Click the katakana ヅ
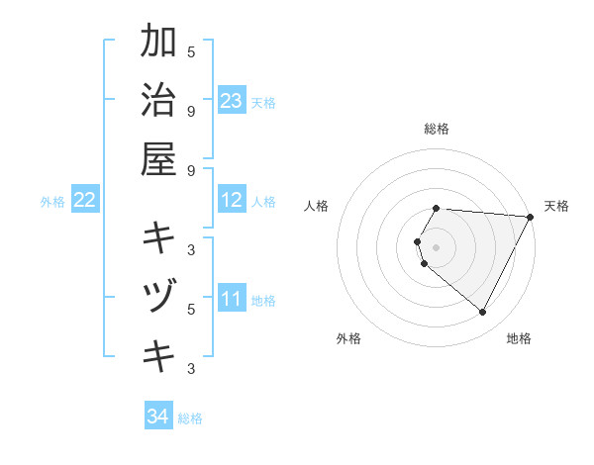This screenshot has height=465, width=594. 158,297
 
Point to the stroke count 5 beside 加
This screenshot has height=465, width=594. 191,51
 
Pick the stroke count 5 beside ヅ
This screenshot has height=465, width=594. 191,309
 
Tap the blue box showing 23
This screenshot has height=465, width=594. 232,101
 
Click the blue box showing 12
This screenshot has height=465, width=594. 232,201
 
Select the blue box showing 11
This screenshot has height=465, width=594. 232,299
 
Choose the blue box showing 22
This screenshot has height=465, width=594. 85,201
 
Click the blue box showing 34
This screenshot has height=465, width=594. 157,417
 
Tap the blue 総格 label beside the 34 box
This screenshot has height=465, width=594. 190,418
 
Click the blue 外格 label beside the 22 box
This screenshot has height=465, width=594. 52,202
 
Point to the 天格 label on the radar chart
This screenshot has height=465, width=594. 556,206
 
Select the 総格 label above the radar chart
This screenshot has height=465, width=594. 437,129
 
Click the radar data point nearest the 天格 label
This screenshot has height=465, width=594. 530,217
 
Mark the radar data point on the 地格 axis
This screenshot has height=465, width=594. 483,313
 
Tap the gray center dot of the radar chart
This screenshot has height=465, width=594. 437,247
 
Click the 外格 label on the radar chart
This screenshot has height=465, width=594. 348,338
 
